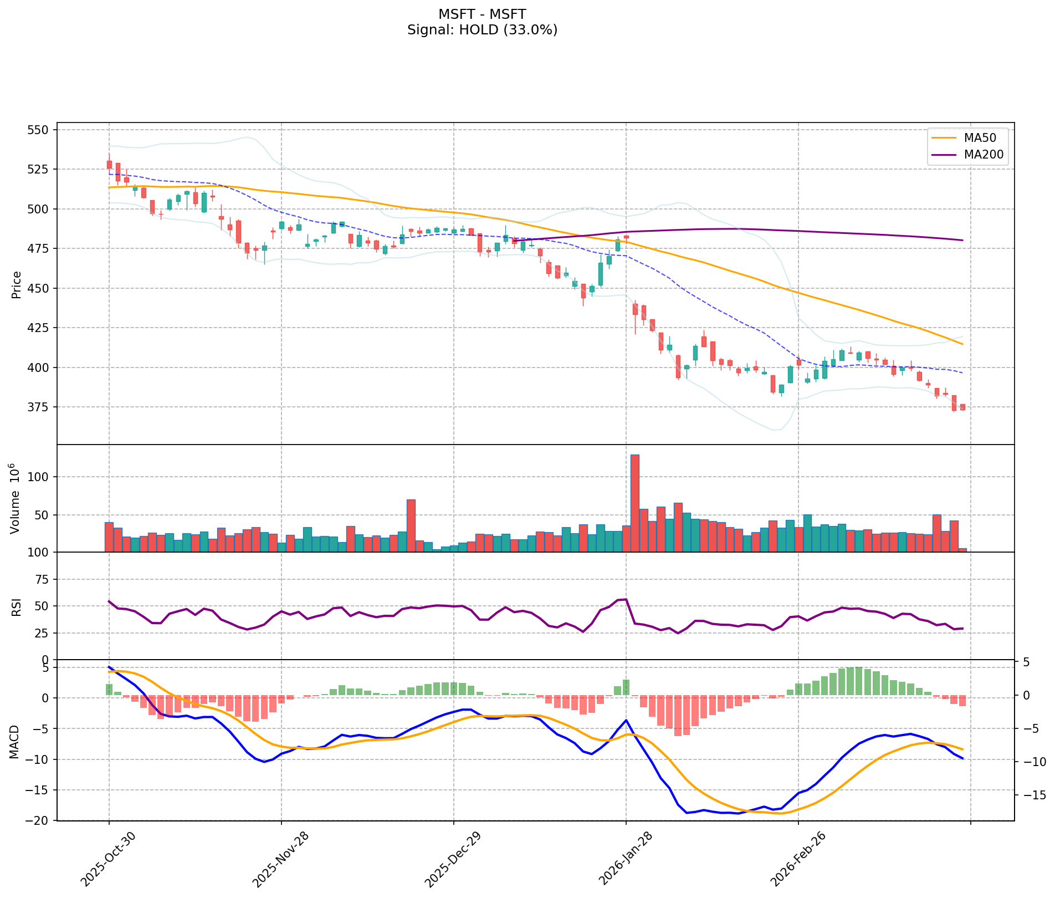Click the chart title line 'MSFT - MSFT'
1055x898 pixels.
(x=482, y=14)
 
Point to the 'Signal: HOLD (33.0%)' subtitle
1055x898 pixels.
(x=482, y=30)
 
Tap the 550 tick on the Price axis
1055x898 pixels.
(x=38, y=130)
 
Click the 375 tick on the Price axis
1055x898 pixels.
(x=38, y=407)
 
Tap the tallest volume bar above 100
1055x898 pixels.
(x=635, y=502)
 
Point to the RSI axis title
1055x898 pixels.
(x=17, y=606)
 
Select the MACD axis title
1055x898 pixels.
(x=17, y=742)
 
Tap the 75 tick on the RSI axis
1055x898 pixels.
(x=41, y=580)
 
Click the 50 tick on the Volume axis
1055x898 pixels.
(x=41, y=515)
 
